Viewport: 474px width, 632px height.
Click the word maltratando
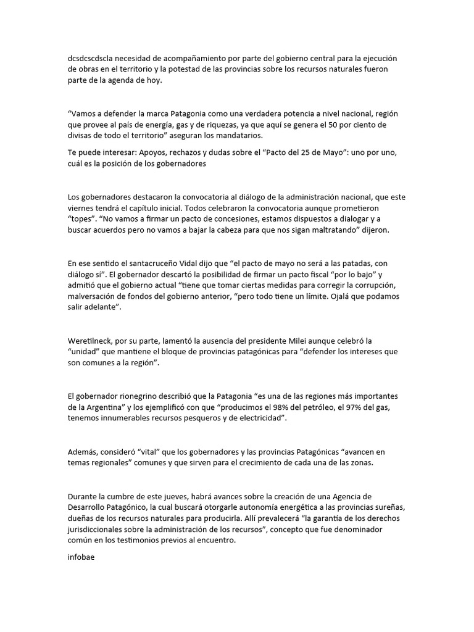click(x=342, y=230)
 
